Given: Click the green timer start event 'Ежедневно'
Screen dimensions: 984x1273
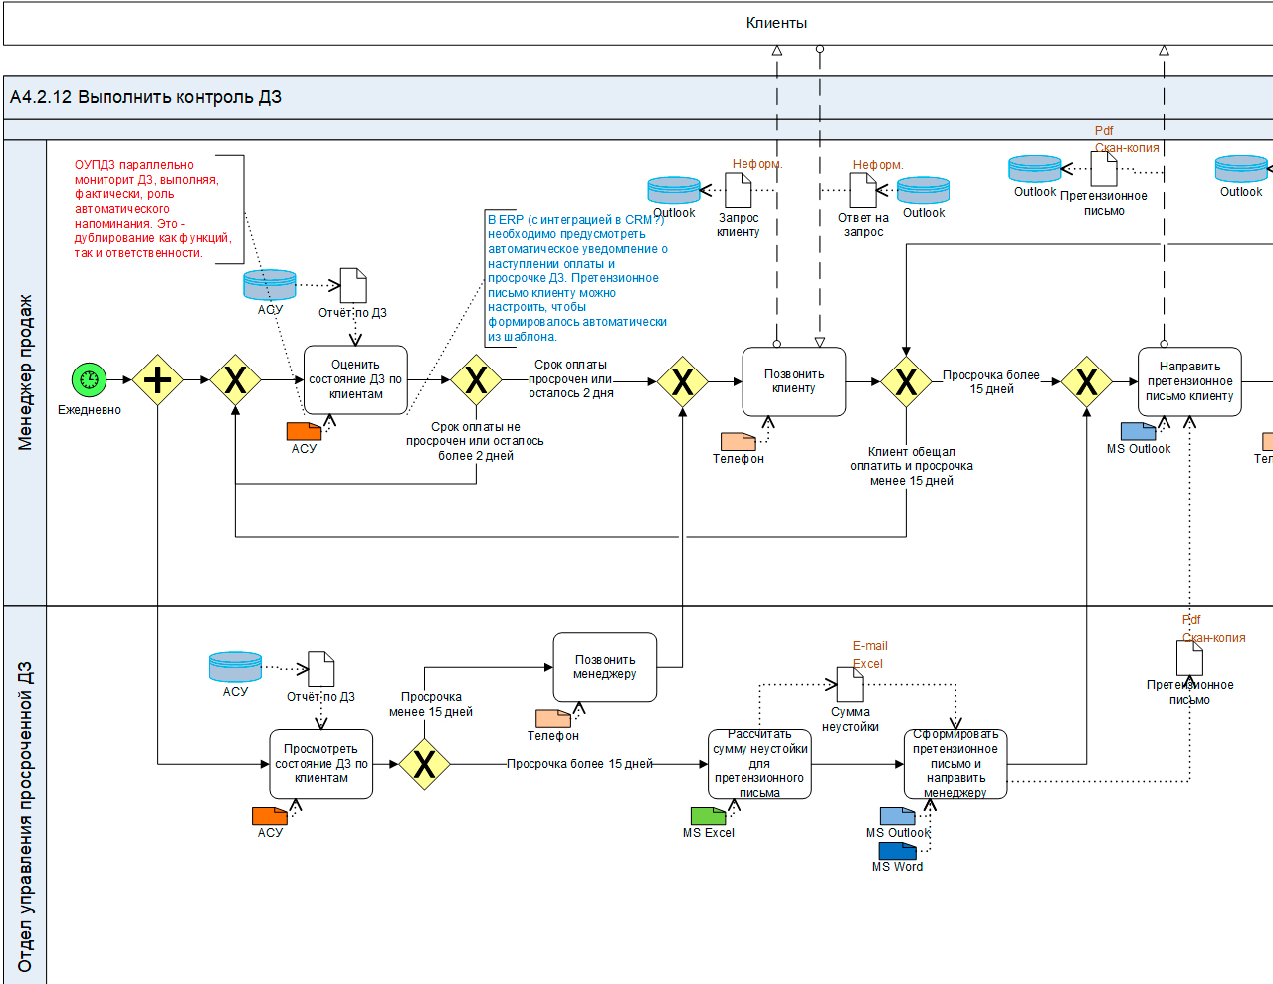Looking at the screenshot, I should click(x=89, y=379).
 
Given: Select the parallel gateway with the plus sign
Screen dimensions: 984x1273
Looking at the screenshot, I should click(x=157, y=380).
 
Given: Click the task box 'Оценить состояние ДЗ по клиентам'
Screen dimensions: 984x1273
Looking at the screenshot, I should click(x=355, y=379).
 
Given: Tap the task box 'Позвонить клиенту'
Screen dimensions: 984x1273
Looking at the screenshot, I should click(x=793, y=381).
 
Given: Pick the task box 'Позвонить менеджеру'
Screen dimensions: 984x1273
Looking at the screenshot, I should click(x=604, y=667).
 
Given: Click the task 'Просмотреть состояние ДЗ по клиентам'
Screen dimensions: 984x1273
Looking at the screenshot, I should click(x=320, y=764).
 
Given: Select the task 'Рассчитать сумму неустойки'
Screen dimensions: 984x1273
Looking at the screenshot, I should click(x=759, y=764).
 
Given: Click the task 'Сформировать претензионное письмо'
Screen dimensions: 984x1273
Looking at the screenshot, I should click(x=955, y=764).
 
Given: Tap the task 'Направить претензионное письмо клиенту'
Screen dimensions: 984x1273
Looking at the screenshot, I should click(x=1189, y=381).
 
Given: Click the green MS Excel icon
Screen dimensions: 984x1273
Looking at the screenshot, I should click(x=708, y=816).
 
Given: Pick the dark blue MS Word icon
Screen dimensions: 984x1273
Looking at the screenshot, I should click(x=897, y=851).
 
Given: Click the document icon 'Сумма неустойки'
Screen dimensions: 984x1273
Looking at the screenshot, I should click(x=850, y=684).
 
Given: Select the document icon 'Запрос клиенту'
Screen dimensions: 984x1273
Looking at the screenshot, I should click(x=738, y=190).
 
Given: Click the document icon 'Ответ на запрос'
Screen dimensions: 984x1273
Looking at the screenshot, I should click(x=863, y=190).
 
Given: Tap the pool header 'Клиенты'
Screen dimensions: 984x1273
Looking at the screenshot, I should click(x=776, y=23).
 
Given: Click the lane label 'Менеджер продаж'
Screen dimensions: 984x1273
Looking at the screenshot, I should click(x=25, y=371).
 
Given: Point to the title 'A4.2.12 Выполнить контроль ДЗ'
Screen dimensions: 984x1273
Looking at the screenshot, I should click(x=145, y=97).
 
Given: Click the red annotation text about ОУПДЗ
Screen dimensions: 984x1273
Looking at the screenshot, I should click(x=152, y=209).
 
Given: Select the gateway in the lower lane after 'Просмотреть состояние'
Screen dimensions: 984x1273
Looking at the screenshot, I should click(x=424, y=764).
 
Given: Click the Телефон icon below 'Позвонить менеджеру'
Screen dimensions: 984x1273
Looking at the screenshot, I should click(x=552, y=718).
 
